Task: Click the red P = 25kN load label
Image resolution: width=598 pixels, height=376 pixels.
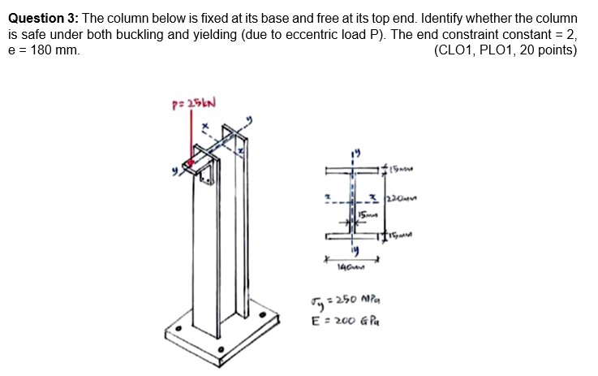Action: click(x=191, y=105)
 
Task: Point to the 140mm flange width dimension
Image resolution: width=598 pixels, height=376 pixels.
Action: click(x=353, y=266)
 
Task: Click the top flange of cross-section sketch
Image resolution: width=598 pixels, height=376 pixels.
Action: click(x=354, y=171)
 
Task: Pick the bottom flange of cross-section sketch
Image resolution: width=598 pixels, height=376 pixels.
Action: click(x=354, y=236)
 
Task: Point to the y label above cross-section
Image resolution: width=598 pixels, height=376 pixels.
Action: click(x=355, y=151)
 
